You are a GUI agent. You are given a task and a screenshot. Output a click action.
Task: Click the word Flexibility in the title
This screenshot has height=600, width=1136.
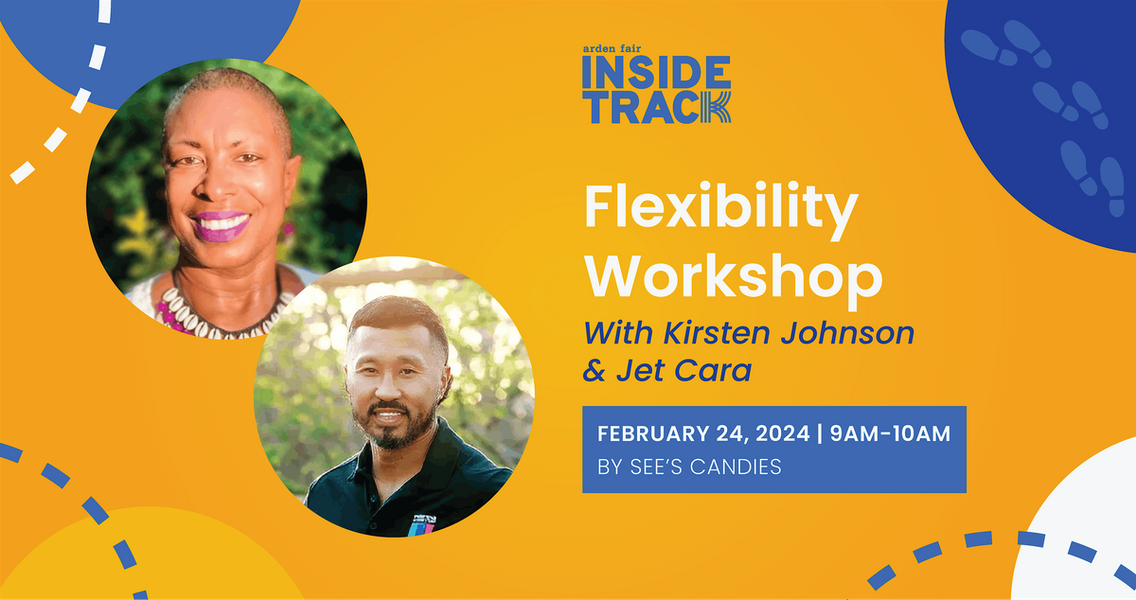721,209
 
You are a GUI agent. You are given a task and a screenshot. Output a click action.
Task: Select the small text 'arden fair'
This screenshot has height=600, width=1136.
612,48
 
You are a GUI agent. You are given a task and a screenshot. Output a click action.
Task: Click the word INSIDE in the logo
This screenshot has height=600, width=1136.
656,72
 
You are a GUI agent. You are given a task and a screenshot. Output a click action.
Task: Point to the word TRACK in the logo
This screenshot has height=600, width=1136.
656,108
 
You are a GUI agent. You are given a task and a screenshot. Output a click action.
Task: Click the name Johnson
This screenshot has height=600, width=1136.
847,333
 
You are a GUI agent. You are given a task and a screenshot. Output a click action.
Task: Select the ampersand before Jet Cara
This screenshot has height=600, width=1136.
595,371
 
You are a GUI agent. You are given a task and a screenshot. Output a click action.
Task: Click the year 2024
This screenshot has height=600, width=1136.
783,433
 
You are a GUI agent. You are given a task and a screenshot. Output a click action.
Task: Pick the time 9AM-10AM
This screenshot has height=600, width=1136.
890,433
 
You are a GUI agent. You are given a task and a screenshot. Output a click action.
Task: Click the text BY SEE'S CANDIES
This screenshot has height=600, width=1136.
689,467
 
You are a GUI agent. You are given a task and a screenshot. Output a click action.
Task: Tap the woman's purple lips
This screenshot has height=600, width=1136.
222,225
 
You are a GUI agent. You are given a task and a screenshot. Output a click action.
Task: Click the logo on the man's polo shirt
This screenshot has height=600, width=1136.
422,525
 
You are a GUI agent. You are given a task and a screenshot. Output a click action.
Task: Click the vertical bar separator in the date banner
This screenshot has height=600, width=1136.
820,433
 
